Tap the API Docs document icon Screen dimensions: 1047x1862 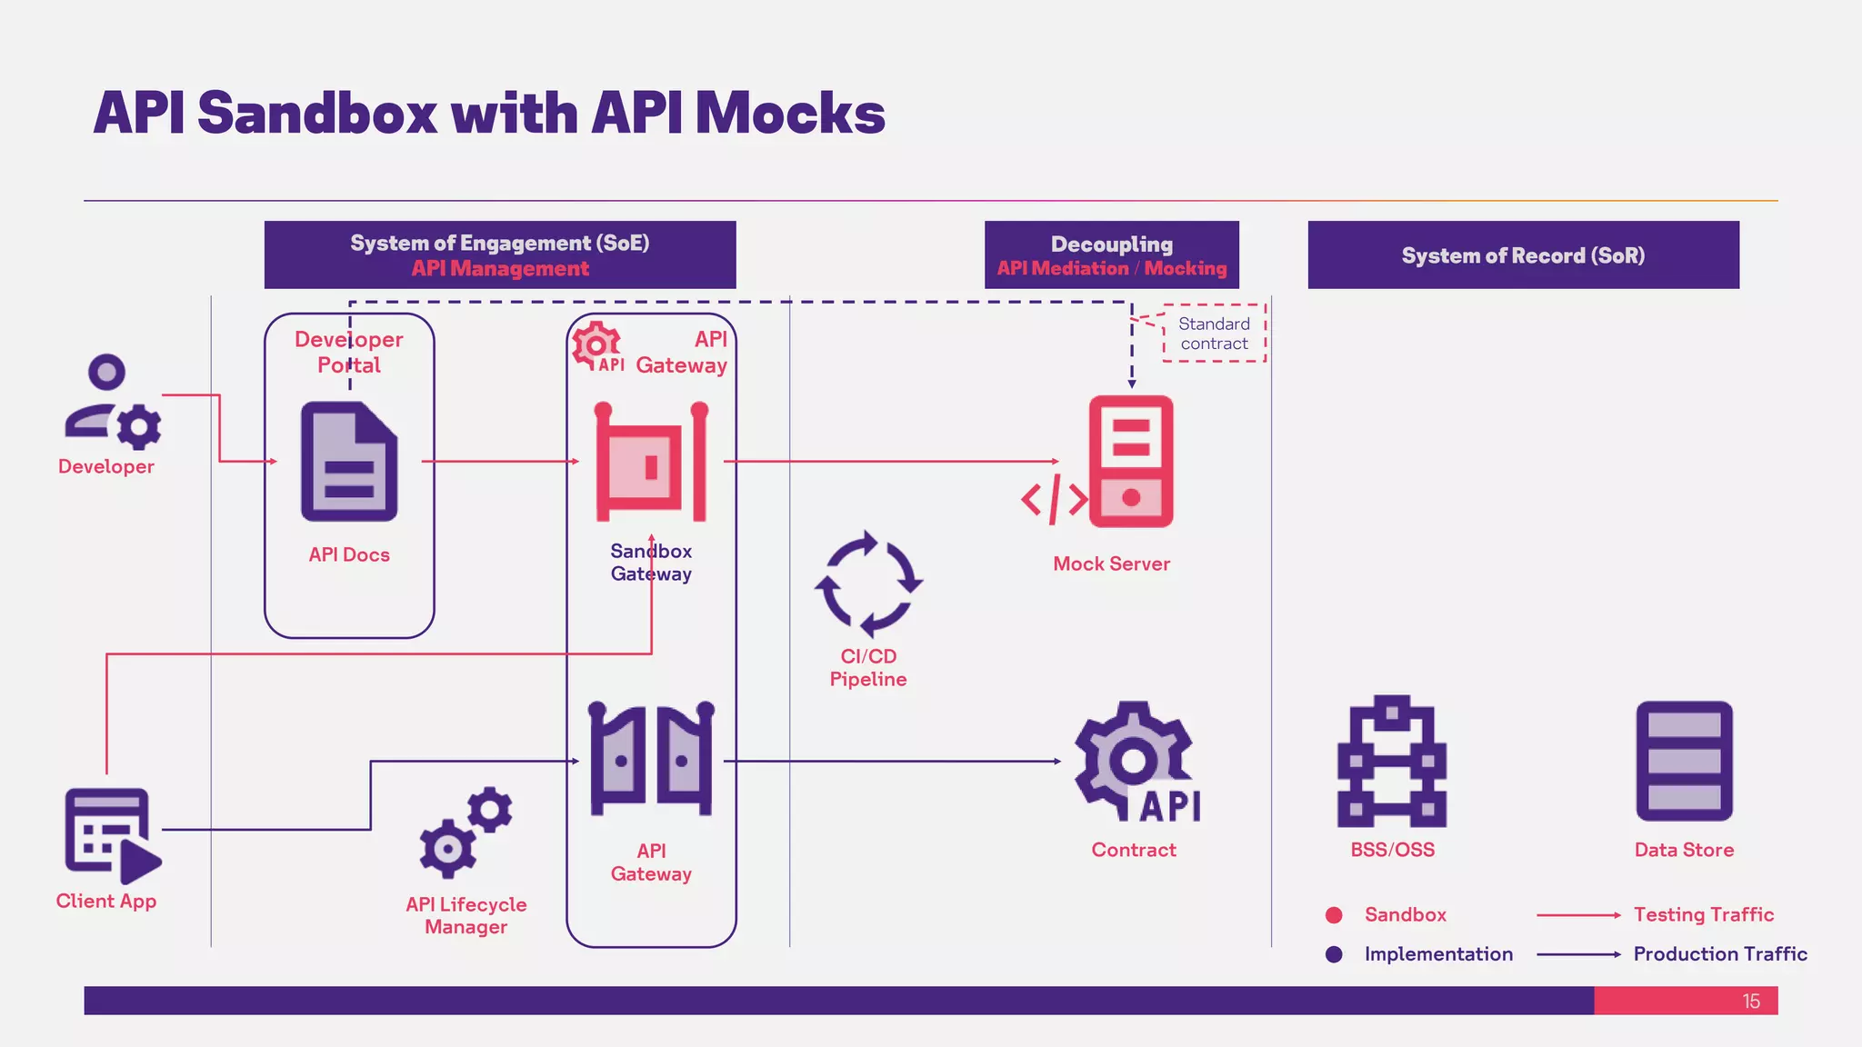point(349,462)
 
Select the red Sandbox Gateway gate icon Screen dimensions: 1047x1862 point(651,462)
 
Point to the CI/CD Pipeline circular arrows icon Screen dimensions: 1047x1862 point(868,583)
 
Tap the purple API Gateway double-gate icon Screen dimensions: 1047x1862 point(651,759)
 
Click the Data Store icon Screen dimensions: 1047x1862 point(1684,762)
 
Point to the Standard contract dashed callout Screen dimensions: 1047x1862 point(1214,334)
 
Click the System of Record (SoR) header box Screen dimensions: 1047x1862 point(1523,255)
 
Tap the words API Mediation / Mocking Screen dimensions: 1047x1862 point(1111,268)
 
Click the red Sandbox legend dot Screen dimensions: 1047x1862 point(1334,915)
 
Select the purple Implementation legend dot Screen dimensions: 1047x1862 point(1334,954)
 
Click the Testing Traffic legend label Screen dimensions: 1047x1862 point(1703,915)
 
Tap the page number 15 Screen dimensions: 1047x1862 point(1751,1002)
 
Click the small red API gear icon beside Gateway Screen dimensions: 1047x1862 point(597,347)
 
